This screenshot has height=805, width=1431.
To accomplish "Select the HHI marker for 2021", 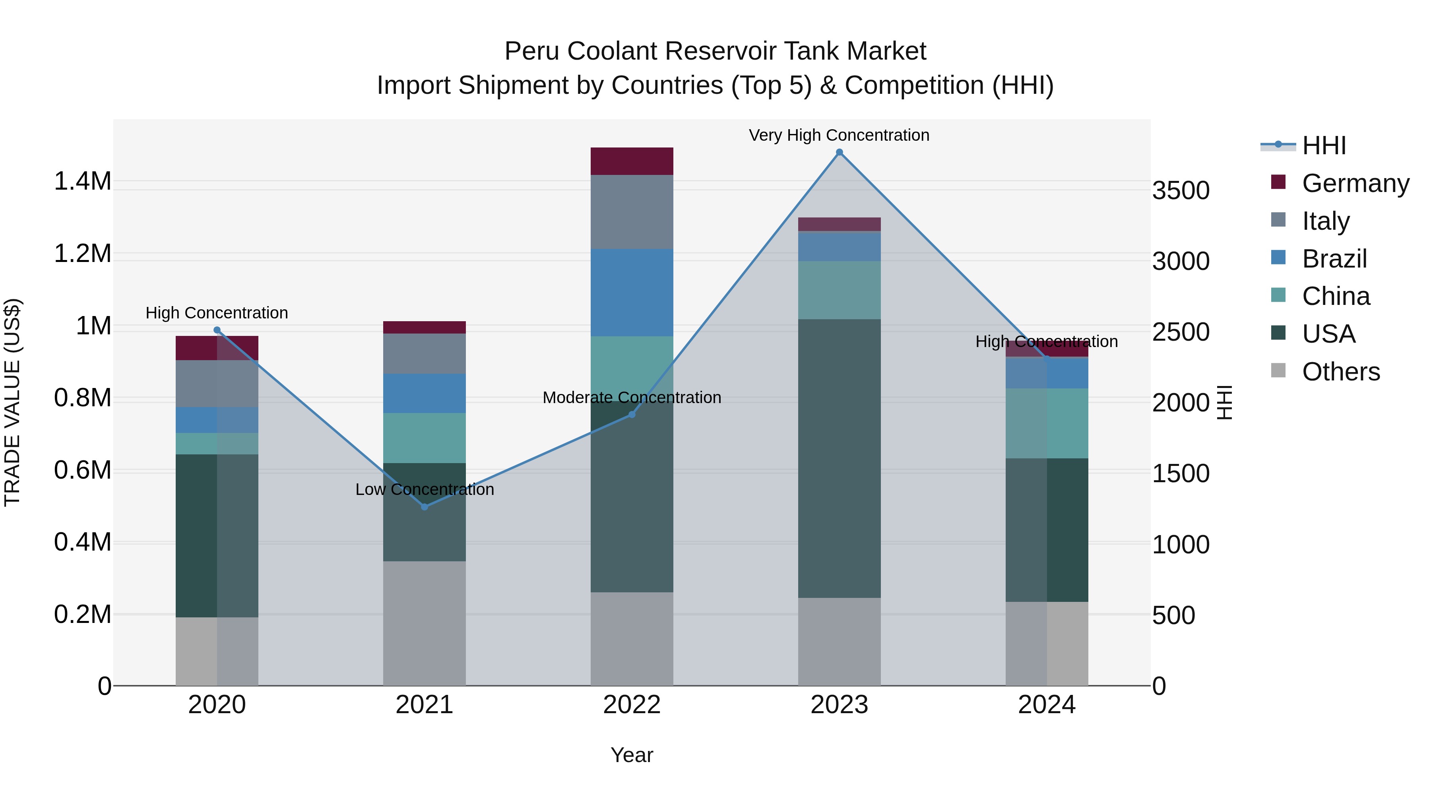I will pos(425,507).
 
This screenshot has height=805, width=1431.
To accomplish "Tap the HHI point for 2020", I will pos(217,330).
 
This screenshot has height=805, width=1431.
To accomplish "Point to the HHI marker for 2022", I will pos(632,415).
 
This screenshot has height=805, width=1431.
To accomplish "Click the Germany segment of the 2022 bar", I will pos(632,161).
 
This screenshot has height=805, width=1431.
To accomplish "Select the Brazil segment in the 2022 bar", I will pos(632,292).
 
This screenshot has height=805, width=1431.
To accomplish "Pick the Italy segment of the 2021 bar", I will pos(425,353).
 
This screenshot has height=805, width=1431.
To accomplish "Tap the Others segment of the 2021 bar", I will pos(425,623).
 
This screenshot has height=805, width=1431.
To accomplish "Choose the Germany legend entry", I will pos(1355,183).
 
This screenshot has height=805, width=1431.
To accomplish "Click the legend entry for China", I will pos(1336,296).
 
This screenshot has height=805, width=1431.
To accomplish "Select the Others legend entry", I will pos(1340,372).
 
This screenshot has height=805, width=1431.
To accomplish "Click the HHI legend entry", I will pos(1324,145).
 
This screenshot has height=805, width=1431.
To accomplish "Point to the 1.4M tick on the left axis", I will pos(82,182).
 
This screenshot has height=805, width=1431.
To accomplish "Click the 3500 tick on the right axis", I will pos(1181,190).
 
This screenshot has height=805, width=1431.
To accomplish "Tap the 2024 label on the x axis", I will pos(1047,705).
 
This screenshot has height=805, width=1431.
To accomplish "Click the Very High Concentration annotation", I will pos(839,135).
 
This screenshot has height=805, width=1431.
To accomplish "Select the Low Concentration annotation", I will pos(425,489).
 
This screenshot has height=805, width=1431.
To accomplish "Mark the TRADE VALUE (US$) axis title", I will pos(12,402).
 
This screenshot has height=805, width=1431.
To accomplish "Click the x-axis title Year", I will pos(632,755).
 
